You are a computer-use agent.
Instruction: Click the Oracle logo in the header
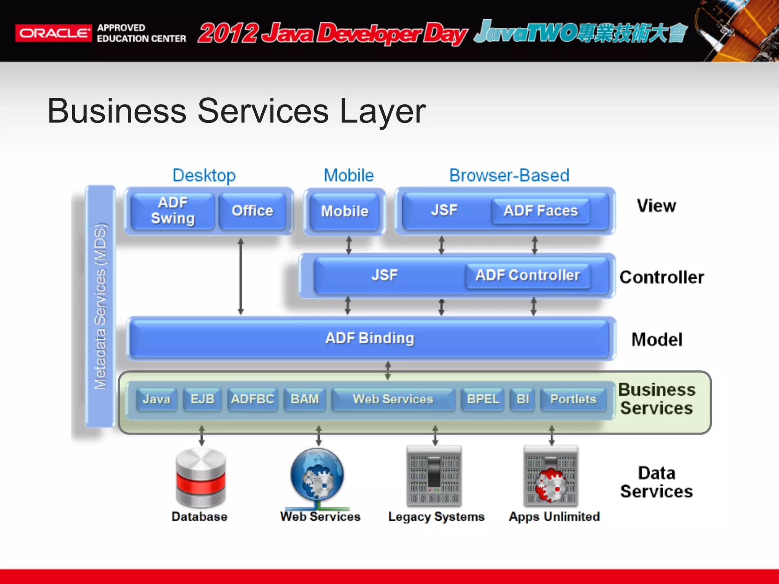pyautogui.click(x=53, y=33)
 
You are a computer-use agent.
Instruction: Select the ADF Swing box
pyautogui.click(x=173, y=211)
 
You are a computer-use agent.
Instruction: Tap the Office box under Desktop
pyautogui.click(x=252, y=211)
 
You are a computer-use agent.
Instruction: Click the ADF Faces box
pyautogui.click(x=541, y=211)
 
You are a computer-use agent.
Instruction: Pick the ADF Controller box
pyautogui.click(x=528, y=275)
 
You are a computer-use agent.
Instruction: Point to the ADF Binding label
pyautogui.click(x=370, y=338)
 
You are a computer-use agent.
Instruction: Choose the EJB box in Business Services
pyautogui.click(x=202, y=399)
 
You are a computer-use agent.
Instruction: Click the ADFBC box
pyautogui.click(x=253, y=399)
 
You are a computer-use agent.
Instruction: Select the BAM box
pyautogui.click(x=305, y=399)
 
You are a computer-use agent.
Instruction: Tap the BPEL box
pyautogui.click(x=483, y=399)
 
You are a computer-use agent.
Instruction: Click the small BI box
pyautogui.click(x=523, y=399)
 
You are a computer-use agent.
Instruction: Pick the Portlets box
pyautogui.click(x=573, y=399)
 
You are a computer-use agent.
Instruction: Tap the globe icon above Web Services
pyautogui.click(x=317, y=475)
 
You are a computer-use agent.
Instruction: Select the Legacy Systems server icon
pyautogui.click(x=434, y=476)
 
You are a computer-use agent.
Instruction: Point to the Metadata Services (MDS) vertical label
pyautogui.click(x=100, y=306)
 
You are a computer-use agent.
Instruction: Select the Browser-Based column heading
pyautogui.click(x=509, y=176)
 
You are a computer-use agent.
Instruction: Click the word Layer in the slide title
pyautogui.click(x=382, y=111)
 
